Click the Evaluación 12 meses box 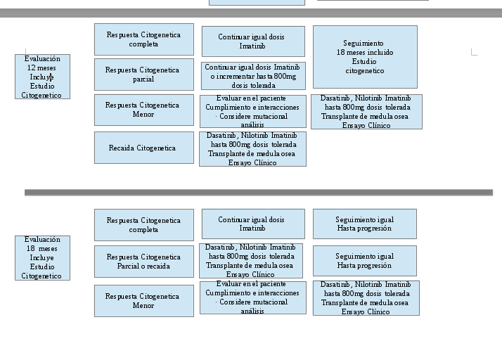tap(42, 77)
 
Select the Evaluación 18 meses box tap(42, 257)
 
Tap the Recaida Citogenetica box tap(143, 148)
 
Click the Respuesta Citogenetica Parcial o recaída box tap(143, 261)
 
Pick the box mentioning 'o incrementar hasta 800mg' tap(252, 76)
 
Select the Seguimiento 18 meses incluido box tap(364, 57)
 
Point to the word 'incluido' tap(379, 53)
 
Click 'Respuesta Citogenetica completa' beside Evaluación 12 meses tap(143, 39)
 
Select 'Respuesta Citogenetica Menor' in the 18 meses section tap(143, 300)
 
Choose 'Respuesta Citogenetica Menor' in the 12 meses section tap(143, 110)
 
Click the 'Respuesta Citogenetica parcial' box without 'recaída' tap(143, 75)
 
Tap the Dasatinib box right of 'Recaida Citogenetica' tap(252, 149)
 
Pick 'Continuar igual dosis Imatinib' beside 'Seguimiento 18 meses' tap(252, 41)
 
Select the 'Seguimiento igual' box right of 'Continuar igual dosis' tap(364, 224)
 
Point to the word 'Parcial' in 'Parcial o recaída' tap(129, 266)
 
